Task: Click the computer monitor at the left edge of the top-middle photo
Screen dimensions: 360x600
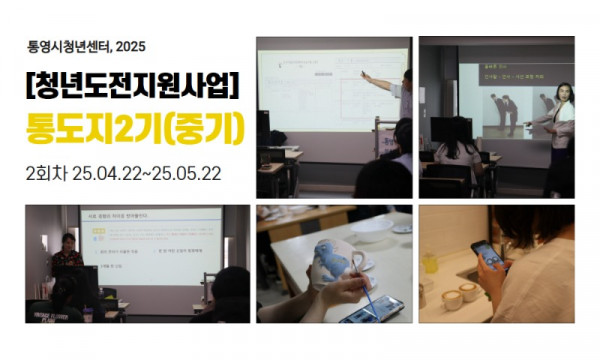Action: click(x=263, y=125)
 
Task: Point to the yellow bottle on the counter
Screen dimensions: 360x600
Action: click(x=430, y=263)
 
